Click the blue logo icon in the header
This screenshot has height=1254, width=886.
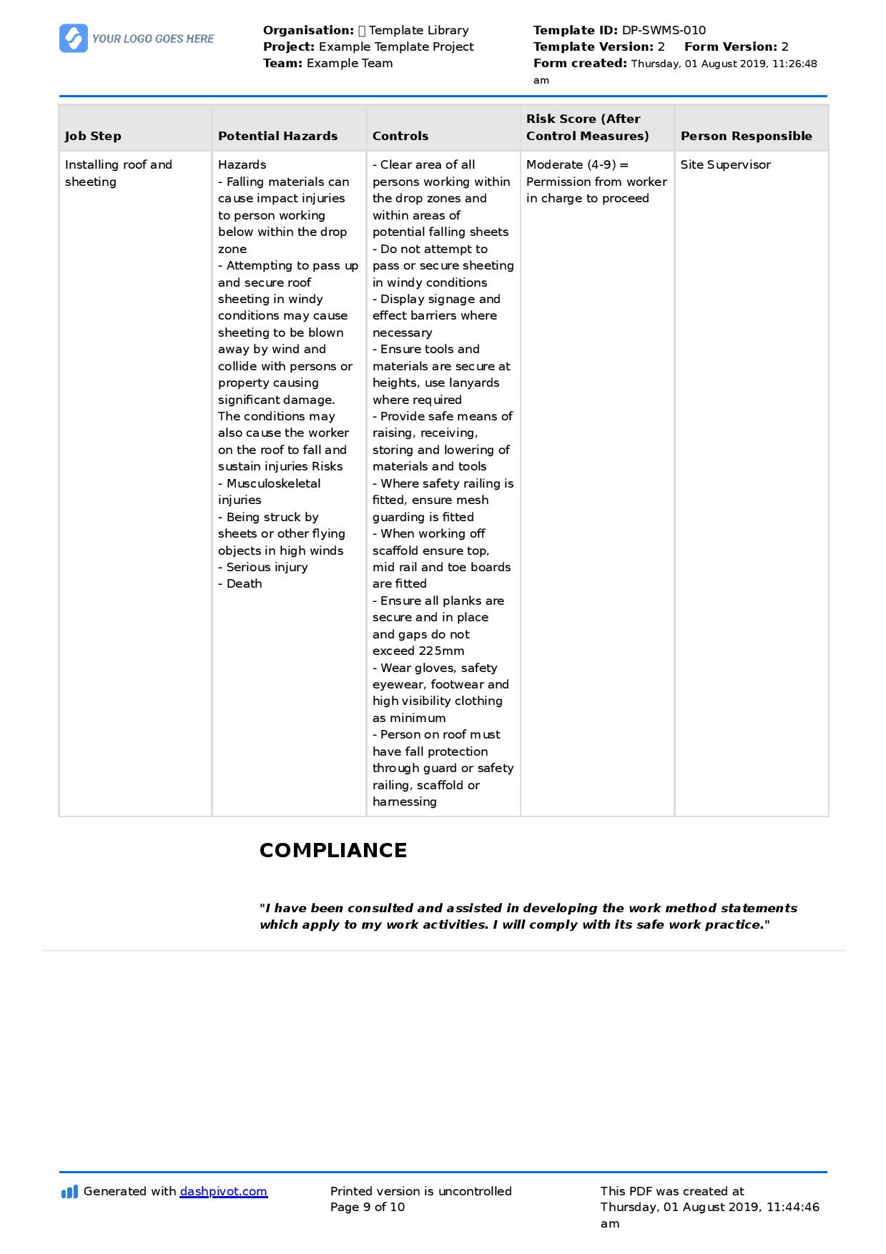74,39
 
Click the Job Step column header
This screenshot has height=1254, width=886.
93,136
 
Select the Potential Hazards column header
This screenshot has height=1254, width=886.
277,136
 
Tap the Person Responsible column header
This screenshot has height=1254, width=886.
746,136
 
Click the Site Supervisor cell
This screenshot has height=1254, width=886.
725,164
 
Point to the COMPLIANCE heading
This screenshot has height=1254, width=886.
333,850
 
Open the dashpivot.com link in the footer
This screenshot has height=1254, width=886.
223,1191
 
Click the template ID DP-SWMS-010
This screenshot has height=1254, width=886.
664,30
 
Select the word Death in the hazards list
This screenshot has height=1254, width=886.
244,583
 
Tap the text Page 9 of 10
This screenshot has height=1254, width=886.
368,1207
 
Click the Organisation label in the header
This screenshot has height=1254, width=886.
308,30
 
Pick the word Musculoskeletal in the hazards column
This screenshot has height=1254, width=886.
273,483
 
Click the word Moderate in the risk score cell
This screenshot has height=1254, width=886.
554,164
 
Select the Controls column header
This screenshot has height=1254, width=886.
400,136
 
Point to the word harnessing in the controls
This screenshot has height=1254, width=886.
404,801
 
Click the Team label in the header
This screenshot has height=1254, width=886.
282,63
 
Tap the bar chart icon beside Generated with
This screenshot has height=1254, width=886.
69,1192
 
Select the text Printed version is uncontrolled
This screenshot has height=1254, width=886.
420,1191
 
